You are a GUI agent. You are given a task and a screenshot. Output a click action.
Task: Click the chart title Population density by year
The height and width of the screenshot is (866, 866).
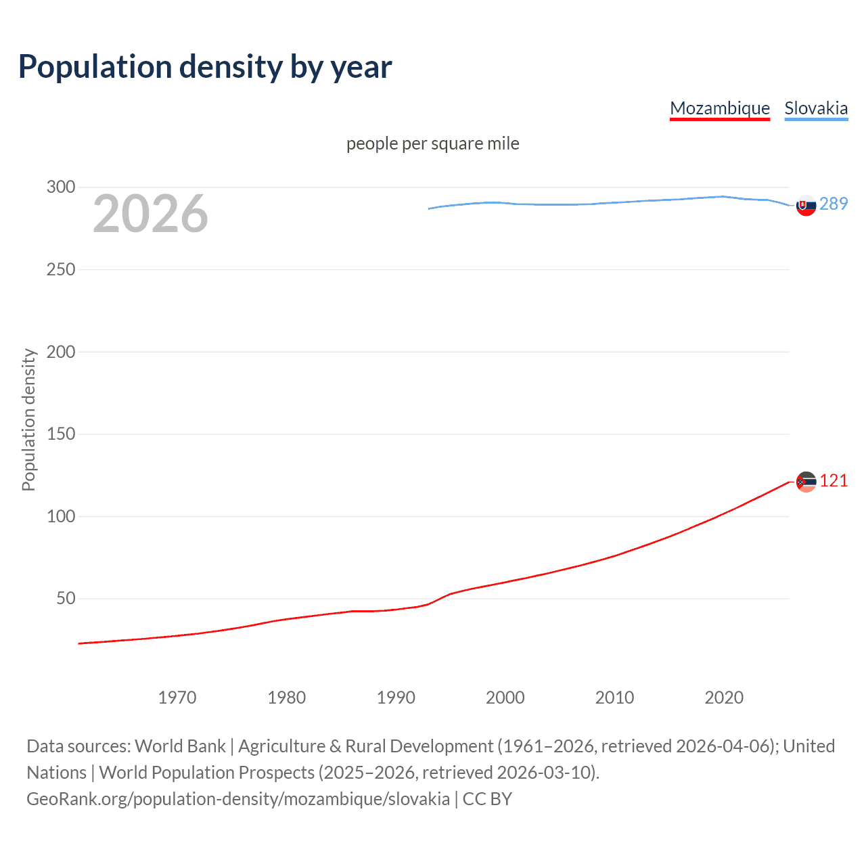[205, 67]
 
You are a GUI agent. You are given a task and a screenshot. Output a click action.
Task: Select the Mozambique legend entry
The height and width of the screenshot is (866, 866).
[720, 108]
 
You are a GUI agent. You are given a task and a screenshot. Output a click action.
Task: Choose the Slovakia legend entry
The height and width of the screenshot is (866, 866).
[816, 108]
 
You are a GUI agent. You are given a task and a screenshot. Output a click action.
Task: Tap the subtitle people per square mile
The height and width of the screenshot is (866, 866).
[433, 143]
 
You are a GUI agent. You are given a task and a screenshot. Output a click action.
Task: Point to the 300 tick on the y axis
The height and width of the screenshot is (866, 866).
[61, 187]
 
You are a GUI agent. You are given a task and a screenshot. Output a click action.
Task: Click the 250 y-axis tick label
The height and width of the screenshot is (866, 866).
[61, 269]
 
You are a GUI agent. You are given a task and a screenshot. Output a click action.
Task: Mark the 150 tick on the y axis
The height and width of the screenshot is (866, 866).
[61, 434]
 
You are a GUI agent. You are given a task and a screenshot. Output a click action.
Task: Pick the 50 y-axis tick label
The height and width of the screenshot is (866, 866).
[66, 598]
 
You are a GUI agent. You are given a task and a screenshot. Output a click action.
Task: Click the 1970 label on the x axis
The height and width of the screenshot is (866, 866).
[177, 698]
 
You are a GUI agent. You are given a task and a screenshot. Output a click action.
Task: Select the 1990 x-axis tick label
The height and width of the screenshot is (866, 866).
[396, 698]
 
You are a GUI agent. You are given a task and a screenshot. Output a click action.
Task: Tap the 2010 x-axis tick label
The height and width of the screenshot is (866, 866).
[614, 698]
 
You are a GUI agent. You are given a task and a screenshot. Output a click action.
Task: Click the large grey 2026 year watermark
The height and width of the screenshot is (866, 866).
[150, 214]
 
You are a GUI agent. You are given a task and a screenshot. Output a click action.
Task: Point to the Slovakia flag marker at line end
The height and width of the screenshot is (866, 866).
[806, 205]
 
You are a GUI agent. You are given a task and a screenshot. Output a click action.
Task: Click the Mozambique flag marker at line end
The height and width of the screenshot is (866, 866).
[806, 482]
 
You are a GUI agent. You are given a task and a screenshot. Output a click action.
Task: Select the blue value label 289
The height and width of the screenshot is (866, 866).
[834, 204]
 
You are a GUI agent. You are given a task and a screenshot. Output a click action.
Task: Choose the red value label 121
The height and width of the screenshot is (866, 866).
[834, 480]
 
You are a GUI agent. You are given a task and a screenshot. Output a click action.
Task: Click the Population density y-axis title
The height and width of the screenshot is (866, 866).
[28, 419]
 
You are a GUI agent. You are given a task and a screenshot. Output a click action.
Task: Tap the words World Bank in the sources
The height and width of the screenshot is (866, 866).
[180, 746]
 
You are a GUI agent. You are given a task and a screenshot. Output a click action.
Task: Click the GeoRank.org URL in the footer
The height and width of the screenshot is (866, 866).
[238, 798]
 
